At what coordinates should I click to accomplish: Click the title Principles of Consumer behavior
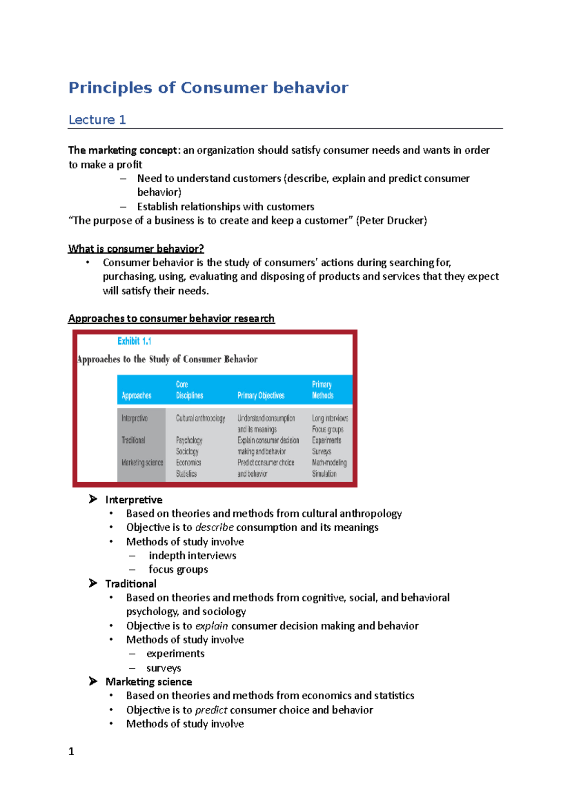[208, 88]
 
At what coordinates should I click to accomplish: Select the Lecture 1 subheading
[97, 120]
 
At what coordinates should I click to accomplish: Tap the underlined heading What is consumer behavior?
[136, 249]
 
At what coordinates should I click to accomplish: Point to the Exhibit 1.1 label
[134, 341]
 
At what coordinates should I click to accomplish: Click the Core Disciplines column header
[189, 390]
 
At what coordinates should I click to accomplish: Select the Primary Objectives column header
[261, 395]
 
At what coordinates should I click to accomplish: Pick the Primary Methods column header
[323, 390]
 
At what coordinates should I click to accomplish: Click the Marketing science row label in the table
[142, 462]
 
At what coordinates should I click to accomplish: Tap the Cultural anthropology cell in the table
[200, 418]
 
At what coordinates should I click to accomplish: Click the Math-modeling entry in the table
[329, 462]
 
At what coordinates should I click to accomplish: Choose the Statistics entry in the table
[186, 474]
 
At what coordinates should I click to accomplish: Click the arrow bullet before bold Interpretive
[93, 499]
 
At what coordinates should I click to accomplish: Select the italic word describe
[214, 527]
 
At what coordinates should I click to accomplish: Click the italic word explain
[211, 626]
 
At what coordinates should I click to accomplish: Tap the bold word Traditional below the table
[131, 583]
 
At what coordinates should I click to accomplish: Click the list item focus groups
[178, 569]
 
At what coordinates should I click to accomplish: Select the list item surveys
[163, 668]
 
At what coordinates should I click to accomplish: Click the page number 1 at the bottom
[71, 751]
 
